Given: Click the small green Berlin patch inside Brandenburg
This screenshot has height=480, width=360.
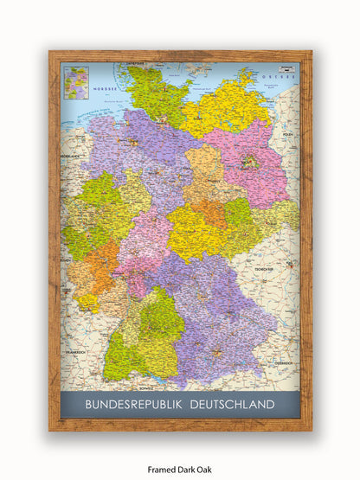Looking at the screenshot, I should tap(251, 160).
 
